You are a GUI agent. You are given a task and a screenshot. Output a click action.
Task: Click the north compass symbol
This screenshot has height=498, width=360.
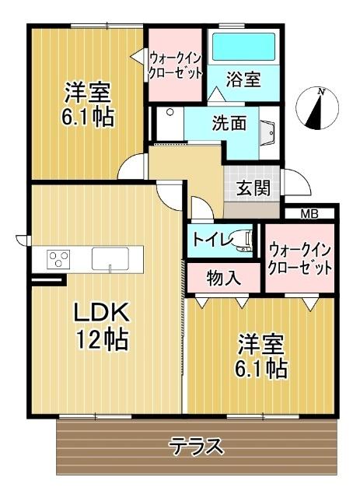[x=318, y=109]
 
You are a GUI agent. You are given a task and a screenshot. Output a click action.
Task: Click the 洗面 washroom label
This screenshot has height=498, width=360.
[x=229, y=122]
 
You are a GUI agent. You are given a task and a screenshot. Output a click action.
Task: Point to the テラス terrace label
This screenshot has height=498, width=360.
[x=197, y=446]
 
